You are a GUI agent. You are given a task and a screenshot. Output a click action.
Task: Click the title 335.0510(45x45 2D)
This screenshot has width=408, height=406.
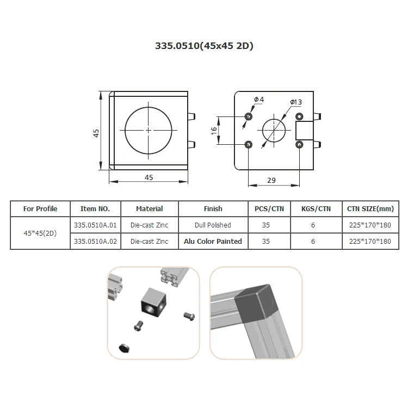pyautogui.click(x=204, y=46)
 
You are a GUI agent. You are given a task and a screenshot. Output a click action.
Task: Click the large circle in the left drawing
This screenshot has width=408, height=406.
pyautogui.click(x=148, y=131)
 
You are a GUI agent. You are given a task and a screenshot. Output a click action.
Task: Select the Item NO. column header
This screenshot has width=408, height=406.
pyautogui.click(x=95, y=208)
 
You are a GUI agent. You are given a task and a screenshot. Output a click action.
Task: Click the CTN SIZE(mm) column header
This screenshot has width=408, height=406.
pyautogui.click(x=369, y=208)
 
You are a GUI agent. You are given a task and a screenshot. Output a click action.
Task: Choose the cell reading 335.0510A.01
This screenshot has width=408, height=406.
pyautogui.click(x=95, y=225)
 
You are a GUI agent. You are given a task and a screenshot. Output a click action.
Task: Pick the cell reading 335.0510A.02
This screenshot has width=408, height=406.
pyautogui.click(x=95, y=241)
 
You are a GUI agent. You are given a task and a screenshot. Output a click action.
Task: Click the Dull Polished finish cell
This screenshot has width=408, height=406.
pyautogui.click(x=213, y=225)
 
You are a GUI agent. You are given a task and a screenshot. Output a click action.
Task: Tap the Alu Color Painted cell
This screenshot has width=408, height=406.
pyautogui.click(x=213, y=241)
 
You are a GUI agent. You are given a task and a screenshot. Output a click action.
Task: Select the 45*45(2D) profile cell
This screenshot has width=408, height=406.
pyautogui.click(x=40, y=233)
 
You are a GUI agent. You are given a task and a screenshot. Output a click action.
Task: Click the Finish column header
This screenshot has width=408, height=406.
pyautogui.click(x=213, y=208)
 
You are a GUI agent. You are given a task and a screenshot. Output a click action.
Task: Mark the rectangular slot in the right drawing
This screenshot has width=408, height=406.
pyautogui.click(x=305, y=131)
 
